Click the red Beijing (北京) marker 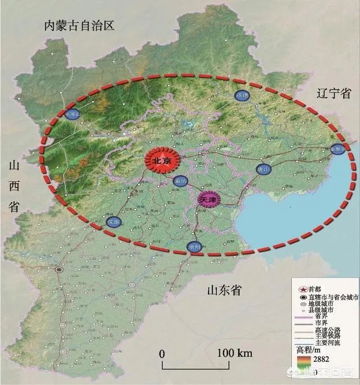pos(162,160)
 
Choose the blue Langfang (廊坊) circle pos(181,181)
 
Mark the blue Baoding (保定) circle pos(114,222)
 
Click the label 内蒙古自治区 pos(79,26)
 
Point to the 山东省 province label pos(224,290)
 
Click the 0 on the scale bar pos(161,353)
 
